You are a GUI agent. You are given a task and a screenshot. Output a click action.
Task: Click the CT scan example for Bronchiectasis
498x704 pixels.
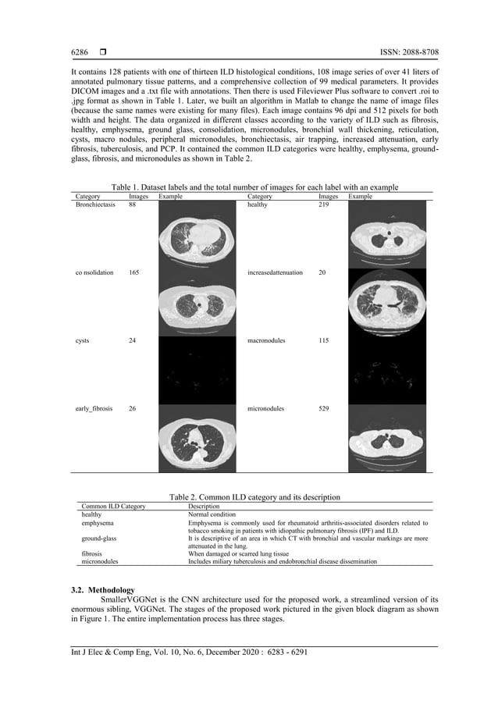tap(197, 234)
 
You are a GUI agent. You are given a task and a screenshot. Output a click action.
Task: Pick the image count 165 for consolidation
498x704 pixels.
tap(134, 273)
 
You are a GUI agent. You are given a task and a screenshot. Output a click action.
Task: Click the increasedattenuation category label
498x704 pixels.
tap(275, 273)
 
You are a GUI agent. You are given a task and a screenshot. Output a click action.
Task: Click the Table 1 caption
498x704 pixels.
tap(254, 187)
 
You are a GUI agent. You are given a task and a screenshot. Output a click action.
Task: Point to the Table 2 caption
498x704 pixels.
tap(254, 497)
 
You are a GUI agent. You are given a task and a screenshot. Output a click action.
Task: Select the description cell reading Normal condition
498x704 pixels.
tap(213, 515)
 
